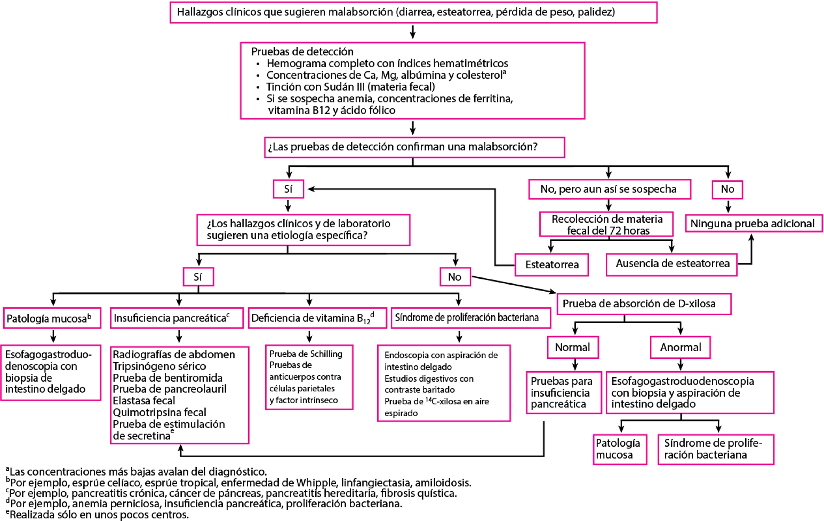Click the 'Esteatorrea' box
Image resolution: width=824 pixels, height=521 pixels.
coord(552,264)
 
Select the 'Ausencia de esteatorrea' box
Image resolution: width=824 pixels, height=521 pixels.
coord(671,264)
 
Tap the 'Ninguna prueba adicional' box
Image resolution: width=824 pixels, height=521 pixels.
coord(752,223)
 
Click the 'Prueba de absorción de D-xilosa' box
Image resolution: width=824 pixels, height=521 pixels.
coord(644,304)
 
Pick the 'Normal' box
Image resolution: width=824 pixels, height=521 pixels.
coord(573,347)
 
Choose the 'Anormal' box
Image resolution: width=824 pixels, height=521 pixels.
coord(680,347)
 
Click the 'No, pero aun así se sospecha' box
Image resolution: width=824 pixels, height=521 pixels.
coord(609,189)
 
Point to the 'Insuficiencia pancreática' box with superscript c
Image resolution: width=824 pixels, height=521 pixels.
coord(177,318)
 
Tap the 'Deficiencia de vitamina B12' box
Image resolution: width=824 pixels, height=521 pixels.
coord(317,318)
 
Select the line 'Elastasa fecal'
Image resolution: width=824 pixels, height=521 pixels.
coord(144,401)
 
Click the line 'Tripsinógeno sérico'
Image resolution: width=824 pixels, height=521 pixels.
coord(159,366)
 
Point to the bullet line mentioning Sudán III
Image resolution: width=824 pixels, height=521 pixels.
coord(350,87)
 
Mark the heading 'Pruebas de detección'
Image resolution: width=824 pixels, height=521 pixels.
coord(302,52)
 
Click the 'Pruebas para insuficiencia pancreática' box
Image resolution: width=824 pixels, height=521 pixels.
coord(563,392)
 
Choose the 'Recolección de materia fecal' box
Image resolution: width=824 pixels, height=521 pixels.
coord(606,224)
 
